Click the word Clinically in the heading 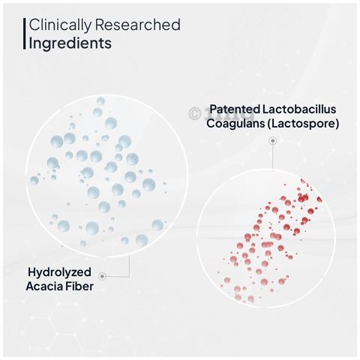coord(60,25)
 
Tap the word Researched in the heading coord(138,25)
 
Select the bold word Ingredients coord(70,43)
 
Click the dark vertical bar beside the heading coord(25,34)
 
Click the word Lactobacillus coord(299,109)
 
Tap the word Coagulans coord(235,124)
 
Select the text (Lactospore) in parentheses coord(303,124)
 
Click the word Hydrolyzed coord(59,272)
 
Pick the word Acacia coord(43,286)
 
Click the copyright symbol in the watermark coord(195,113)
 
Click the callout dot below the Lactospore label coord(273,141)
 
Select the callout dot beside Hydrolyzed coord(102,276)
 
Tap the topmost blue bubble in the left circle coord(100,101)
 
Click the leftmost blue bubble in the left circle coord(34,180)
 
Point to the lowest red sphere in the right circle coord(250,298)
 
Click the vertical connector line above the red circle coord(272,157)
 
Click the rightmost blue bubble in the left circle coord(165,184)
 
